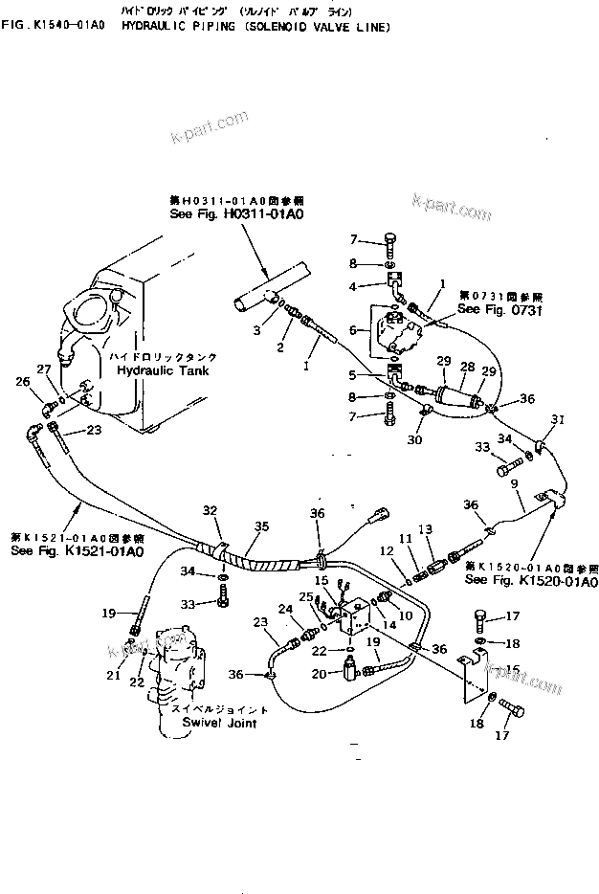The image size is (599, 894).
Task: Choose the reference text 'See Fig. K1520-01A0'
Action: click(x=530, y=581)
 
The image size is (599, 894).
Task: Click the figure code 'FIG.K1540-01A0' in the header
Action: click(x=56, y=27)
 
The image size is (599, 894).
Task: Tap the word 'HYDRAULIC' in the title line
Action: click(x=154, y=27)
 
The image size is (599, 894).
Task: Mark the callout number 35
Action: click(x=261, y=526)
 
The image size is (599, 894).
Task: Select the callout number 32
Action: click(x=210, y=511)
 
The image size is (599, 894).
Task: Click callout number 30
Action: click(x=414, y=440)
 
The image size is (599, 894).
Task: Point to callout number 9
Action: click(x=515, y=484)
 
